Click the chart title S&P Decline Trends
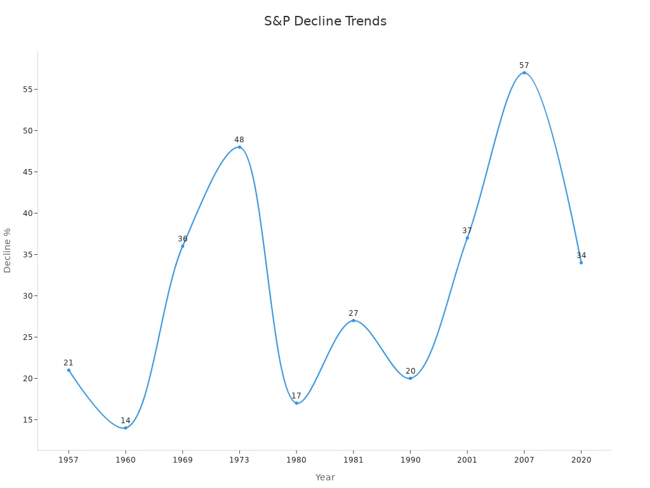point(325,21)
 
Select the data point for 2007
point(524,72)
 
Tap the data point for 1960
point(126,428)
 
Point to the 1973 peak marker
point(239,147)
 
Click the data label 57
point(524,65)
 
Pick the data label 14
point(126,421)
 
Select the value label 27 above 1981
point(354,313)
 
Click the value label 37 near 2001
point(467,231)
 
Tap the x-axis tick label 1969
point(183,459)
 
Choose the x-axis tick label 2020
point(581,459)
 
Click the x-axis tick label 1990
point(410,459)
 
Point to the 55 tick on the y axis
point(28,89)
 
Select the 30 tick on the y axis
point(28,295)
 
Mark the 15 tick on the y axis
point(28,419)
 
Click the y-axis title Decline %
point(8,250)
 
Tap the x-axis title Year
point(325,477)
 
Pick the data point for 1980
point(296,403)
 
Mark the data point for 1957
point(69,370)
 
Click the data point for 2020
point(581,262)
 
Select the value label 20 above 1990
point(410,371)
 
